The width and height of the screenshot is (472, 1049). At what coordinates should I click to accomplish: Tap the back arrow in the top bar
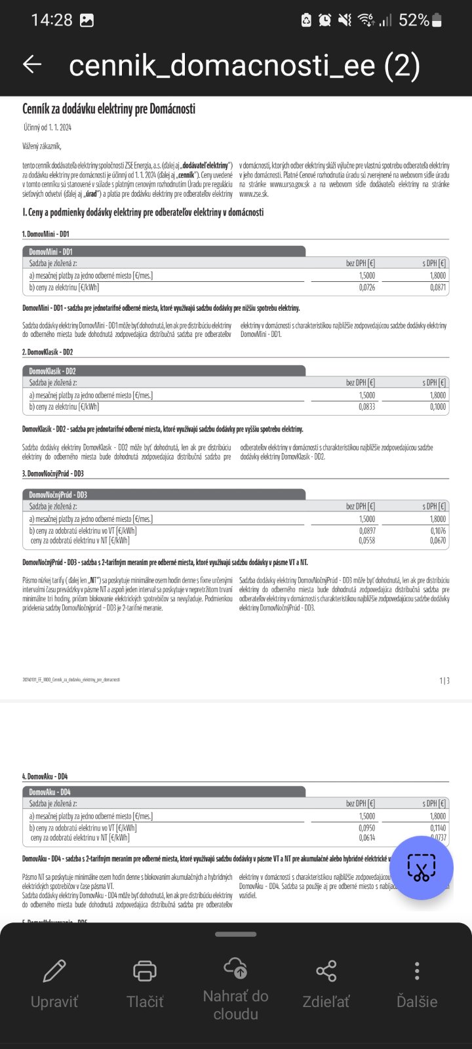[x=32, y=64]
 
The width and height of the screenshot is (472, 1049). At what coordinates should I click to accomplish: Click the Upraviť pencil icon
[x=54, y=970]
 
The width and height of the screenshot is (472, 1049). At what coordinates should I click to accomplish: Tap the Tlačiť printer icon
[x=145, y=970]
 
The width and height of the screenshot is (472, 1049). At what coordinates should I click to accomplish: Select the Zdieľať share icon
[x=326, y=970]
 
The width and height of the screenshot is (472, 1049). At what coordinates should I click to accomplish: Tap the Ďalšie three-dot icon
[x=417, y=970]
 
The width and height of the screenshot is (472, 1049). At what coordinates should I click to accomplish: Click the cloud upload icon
[x=235, y=966]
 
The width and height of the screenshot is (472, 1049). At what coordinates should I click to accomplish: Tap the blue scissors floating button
[x=421, y=867]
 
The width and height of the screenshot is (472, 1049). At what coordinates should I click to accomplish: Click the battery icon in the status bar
[x=437, y=20]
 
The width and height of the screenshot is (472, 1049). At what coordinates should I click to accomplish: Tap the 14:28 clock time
[x=51, y=20]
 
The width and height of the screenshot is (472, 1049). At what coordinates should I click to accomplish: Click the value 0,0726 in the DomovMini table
[x=367, y=287]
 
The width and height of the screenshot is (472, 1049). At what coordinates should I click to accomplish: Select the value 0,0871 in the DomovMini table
[x=438, y=287]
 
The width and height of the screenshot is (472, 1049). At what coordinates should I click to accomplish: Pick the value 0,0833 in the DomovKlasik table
[x=367, y=406]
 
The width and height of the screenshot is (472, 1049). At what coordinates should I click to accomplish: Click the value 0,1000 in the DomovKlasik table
[x=438, y=406]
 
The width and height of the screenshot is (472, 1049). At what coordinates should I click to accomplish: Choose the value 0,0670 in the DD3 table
[x=438, y=541]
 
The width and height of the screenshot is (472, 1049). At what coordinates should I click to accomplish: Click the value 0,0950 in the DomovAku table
[x=367, y=828]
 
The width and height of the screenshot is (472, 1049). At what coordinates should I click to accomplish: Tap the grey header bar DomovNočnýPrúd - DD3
[x=164, y=494]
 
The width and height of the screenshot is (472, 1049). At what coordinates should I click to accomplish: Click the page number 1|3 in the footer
[x=444, y=681]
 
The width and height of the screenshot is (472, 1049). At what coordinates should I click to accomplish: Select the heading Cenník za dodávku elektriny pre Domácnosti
[x=109, y=109]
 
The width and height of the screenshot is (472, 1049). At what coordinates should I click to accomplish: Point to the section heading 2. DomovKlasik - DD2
[x=48, y=352]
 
